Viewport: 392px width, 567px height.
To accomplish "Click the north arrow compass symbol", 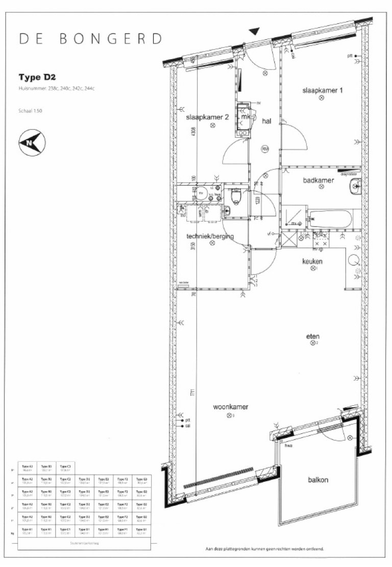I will (31, 142).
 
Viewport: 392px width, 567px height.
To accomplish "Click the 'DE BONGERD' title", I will (91, 39).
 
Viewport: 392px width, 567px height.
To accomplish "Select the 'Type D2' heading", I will (37, 78).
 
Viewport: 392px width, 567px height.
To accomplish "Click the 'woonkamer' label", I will (231, 407).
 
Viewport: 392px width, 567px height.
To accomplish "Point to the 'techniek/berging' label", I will (210, 236).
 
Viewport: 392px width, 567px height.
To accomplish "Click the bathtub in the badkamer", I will (329, 220).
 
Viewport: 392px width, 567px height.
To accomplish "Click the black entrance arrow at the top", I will (254, 31).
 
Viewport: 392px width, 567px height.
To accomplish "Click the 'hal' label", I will (266, 121).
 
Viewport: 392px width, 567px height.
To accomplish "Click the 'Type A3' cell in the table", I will (28, 467).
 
